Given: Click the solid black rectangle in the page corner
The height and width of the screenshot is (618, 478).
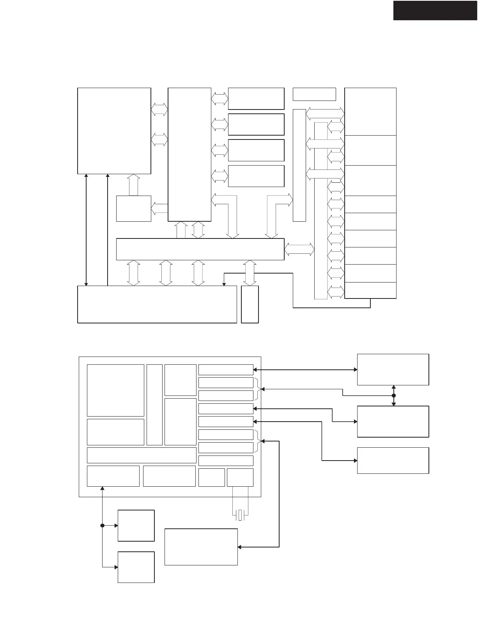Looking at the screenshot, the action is click(x=435, y=11).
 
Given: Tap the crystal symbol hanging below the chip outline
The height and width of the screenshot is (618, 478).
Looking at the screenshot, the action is click(x=240, y=515).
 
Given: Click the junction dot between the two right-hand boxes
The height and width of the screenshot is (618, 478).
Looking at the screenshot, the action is click(x=393, y=396).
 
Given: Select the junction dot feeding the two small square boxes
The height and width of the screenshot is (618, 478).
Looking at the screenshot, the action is click(x=102, y=525).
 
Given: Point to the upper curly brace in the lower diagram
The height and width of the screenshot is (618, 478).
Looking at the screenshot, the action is click(x=258, y=389).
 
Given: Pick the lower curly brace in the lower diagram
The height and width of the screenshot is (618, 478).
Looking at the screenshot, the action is click(x=258, y=441).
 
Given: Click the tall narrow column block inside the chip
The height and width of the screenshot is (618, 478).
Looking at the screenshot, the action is click(x=154, y=404).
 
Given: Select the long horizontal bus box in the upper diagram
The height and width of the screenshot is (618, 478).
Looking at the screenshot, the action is click(x=200, y=249).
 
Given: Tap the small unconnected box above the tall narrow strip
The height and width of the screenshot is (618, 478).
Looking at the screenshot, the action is click(x=314, y=94).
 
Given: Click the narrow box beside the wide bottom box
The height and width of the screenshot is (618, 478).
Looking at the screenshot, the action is click(x=250, y=304).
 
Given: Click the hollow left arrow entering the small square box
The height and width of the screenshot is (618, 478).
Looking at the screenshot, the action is click(x=159, y=208).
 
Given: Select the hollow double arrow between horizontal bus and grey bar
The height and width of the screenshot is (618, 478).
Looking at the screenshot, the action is click(x=299, y=249).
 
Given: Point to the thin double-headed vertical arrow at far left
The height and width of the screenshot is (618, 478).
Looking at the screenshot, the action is click(x=86, y=230).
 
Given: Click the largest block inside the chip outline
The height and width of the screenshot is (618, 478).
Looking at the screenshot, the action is click(x=115, y=390).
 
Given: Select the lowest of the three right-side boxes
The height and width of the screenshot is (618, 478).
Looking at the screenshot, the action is click(x=393, y=460).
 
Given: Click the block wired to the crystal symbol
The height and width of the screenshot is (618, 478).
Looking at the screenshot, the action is click(x=240, y=477).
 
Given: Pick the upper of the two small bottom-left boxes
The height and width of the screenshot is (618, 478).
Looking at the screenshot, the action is click(x=136, y=525).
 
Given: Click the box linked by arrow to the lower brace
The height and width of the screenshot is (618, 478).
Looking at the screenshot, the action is click(x=201, y=547).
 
